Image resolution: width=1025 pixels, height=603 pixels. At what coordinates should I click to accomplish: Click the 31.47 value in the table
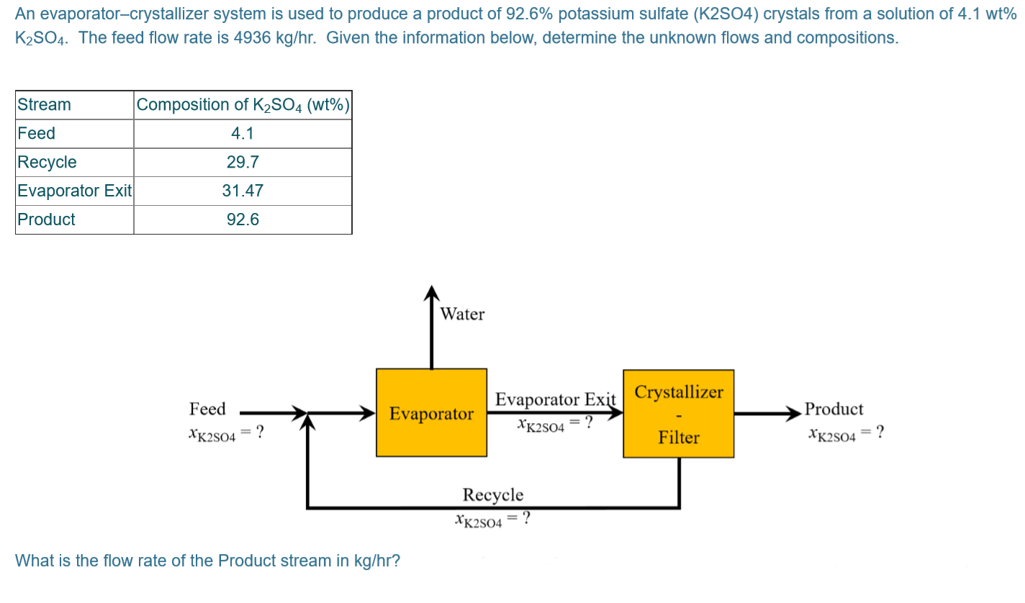[243, 191]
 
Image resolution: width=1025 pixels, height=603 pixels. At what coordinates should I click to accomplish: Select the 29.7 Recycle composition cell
[243, 162]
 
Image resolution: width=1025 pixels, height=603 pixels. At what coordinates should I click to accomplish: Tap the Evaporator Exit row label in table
[74, 191]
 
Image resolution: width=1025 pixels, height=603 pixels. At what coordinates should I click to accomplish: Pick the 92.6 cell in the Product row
[243, 219]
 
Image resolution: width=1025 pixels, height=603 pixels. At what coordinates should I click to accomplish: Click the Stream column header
[44, 104]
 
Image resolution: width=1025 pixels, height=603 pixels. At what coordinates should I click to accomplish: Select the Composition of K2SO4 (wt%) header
[243, 104]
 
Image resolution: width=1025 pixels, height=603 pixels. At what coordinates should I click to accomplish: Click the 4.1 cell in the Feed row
[243, 133]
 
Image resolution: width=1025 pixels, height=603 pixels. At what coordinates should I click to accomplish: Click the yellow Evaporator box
[431, 413]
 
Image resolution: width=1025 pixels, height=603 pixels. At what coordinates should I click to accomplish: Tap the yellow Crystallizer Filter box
[678, 414]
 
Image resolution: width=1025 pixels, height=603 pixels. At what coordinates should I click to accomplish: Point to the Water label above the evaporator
[462, 314]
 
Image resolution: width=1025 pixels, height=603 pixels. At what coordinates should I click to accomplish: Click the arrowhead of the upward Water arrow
[431, 292]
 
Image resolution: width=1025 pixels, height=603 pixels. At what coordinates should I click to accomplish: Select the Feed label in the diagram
[207, 409]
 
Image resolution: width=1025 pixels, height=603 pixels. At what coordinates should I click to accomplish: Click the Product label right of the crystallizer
[834, 409]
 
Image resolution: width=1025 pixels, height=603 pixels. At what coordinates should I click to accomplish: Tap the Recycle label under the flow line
[493, 494]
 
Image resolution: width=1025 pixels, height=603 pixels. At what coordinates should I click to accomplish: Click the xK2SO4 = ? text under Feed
[225, 432]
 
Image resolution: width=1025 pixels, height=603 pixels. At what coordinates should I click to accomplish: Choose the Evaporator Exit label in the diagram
[556, 399]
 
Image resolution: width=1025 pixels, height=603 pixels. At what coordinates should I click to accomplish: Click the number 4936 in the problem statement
[256, 37]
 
